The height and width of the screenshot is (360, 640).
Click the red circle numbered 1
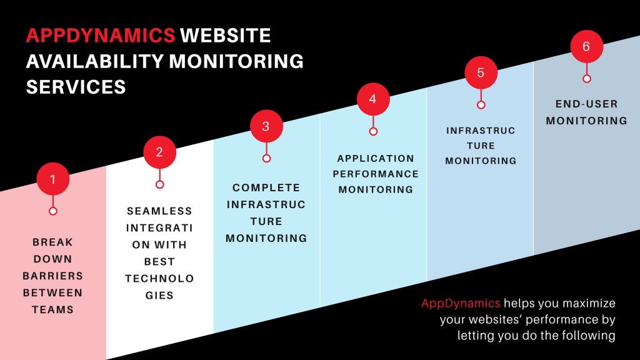click(x=53, y=179)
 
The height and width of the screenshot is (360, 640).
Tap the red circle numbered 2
click(x=159, y=152)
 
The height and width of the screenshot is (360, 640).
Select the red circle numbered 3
click(x=266, y=126)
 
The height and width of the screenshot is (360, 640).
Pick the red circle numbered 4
click(x=373, y=99)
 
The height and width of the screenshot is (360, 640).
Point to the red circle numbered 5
click(x=481, y=72)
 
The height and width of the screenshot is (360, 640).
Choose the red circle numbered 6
click(x=586, y=46)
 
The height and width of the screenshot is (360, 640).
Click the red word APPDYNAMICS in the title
click(x=101, y=36)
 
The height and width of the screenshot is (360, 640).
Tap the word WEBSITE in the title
click(x=225, y=36)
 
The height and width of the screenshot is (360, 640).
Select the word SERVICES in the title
click(x=76, y=87)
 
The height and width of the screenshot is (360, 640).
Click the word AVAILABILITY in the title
click(x=95, y=61)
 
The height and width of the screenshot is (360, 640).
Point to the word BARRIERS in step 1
click(x=52, y=276)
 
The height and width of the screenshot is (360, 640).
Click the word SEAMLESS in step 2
click(x=159, y=211)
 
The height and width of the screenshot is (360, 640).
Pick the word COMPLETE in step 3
click(x=266, y=187)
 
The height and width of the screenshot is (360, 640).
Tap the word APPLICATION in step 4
click(x=376, y=158)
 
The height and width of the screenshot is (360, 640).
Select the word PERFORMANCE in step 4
click(x=376, y=174)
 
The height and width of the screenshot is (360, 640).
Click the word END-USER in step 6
click(x=586, y=104)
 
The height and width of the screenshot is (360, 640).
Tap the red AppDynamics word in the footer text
click(x=461, y=303)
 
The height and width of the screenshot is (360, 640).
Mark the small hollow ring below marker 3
click(x=266, y=158)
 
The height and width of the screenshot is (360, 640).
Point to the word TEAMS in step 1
click(x=52, y=310)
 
